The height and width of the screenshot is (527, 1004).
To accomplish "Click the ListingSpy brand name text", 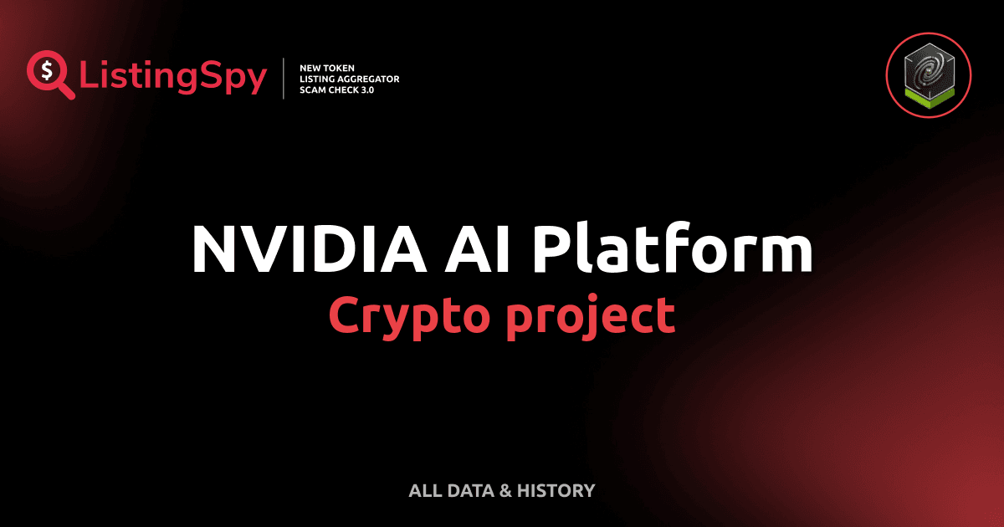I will [172, 78].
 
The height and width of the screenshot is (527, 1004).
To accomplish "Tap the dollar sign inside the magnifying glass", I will [46, 69].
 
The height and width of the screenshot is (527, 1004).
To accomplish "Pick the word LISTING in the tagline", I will [317, 79].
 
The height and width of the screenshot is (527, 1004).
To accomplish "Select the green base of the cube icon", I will [930, 98].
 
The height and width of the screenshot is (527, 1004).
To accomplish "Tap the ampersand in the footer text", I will [505, 490].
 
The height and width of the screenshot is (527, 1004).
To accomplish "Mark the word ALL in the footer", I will [423, 490].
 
